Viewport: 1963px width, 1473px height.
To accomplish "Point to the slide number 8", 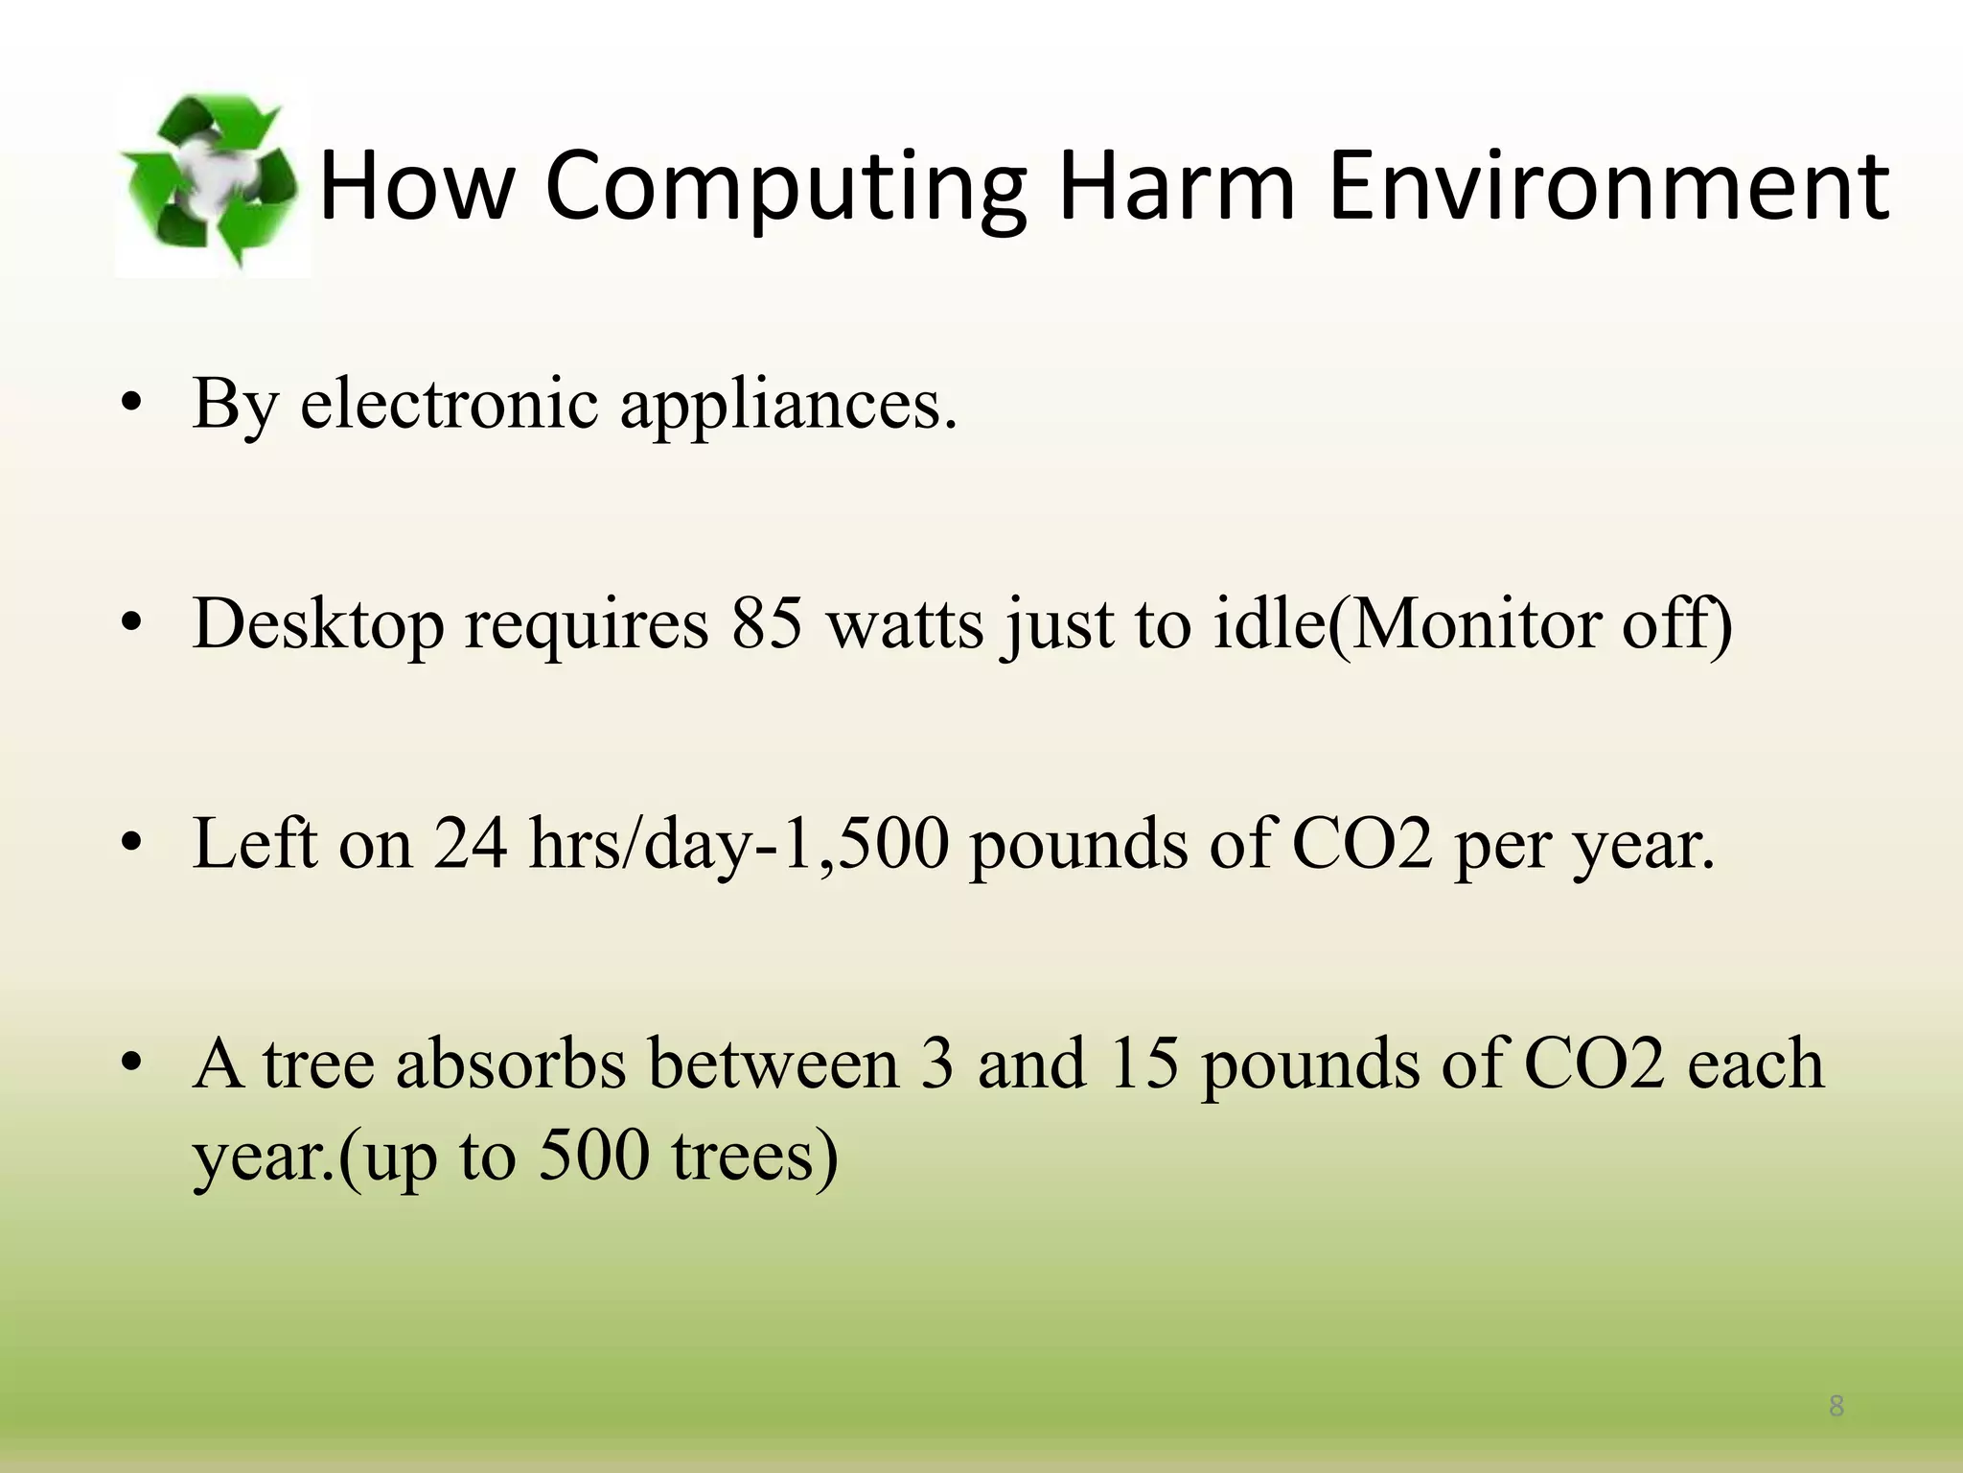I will pyautogui.click(x=1836, y=1407).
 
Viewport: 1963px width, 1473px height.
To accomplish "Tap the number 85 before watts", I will pyautogui.click(x=767, y=623).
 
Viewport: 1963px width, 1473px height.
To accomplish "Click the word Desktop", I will pyautogui.click(x=318, y=625).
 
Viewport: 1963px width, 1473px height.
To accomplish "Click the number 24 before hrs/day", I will pyautogui.click(x=470, y=844).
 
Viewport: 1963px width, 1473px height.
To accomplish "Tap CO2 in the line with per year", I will pyautogui.click(x=1362, y=844).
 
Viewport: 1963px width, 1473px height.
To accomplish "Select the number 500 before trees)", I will pyautogui.click(x=594, y=1156).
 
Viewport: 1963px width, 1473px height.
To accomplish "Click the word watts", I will pyautogui.click(x=905, y=625).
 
